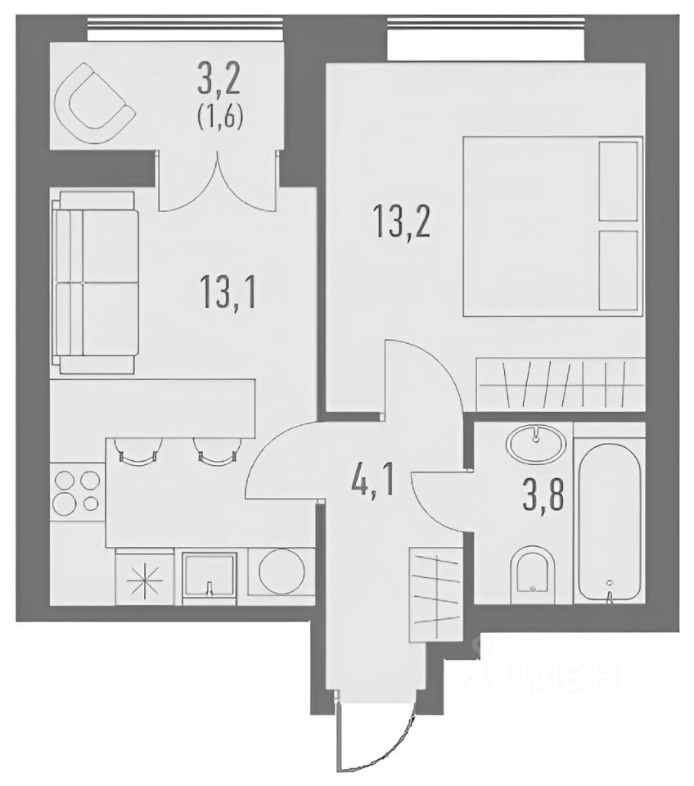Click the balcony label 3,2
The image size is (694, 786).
click(x=220, y=79)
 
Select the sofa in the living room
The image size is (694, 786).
click(x=95, y=282)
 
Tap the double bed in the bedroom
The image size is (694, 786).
click(x=552, y=226)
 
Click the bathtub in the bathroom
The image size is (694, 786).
click(x=609, y=519)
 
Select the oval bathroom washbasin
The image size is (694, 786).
click(x=536, y=441)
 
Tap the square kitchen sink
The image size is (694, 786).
click(x=209, y=578)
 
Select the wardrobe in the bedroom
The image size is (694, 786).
click(x=561, y=385)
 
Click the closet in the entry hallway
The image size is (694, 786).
click(x=435, y=594)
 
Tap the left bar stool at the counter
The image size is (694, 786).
click(x=137, y=449)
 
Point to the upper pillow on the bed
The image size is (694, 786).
click(x=619, y=181)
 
